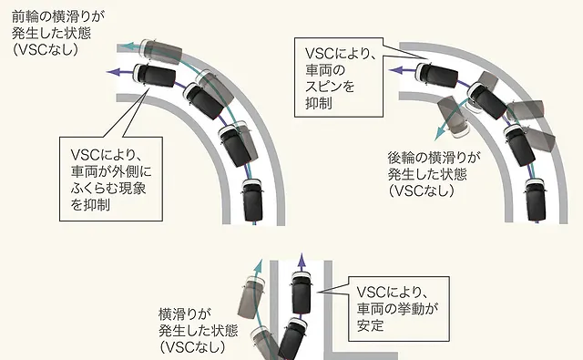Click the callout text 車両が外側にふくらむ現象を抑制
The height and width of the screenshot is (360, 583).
(x=111, y=180)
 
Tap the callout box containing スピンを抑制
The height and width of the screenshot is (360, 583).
(x=339, y=77)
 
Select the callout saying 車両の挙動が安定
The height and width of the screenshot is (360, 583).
(x=399, y=309)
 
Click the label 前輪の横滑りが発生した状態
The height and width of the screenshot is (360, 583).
(x=58, y=33)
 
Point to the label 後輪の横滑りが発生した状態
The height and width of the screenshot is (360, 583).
(x=434, y=174)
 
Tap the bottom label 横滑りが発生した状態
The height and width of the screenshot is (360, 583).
(x=198, y=330)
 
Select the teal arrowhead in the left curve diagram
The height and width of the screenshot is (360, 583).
(x=128, y=46)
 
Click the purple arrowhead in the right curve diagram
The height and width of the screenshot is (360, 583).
(x=395, y=70)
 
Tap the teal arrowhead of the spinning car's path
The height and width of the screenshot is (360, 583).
(x=440, y=134)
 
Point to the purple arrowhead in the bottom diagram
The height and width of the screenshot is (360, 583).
(x=302, y=259)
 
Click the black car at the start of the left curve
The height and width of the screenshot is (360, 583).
(x=253, y=201)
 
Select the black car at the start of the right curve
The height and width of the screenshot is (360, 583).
(x=535, y=200)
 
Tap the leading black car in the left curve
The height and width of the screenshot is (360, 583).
(x=154, y=76)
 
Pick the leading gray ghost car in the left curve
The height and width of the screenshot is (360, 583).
(x=160, y=50)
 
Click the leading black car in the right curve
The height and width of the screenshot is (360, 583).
(x=436, y=74)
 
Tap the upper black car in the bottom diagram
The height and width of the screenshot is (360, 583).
(x=302, y=293)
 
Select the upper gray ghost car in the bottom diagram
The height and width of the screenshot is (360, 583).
(x=251, y=298)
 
